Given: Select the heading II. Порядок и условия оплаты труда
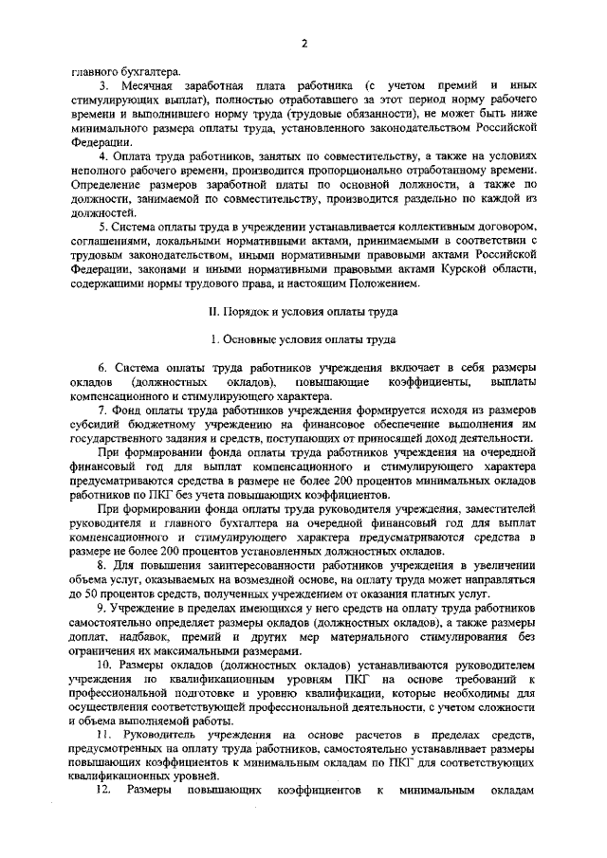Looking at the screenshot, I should [303, 310].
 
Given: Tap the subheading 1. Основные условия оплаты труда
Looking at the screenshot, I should [303, 338].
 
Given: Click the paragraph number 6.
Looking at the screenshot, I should [102, 368].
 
